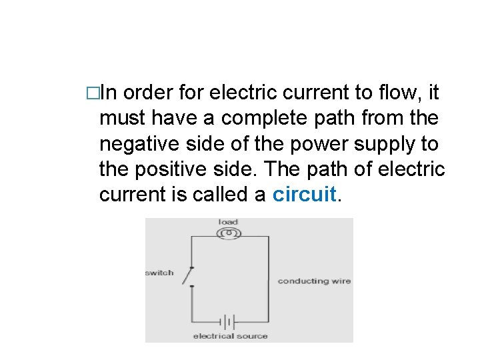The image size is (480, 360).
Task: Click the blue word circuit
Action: pos(305,195)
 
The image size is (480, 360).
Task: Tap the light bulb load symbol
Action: pos(229,233)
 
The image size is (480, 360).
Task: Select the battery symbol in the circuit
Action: pos(229,323)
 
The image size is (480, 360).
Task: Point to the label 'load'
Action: pos(228,222)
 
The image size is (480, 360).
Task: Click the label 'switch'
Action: pos(159,273)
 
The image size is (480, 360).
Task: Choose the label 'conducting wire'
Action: pos(314,281)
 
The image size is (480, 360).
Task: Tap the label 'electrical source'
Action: pos(230,336)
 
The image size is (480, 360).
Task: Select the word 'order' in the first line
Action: pos(148,93)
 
